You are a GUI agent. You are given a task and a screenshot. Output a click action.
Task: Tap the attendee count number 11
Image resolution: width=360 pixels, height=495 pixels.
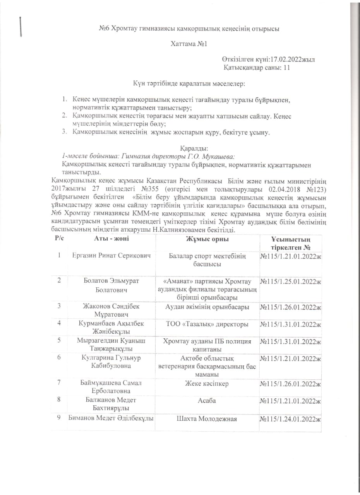(287, 67)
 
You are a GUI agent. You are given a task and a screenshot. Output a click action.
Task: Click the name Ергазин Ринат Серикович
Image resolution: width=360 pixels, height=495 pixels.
(111, 256)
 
